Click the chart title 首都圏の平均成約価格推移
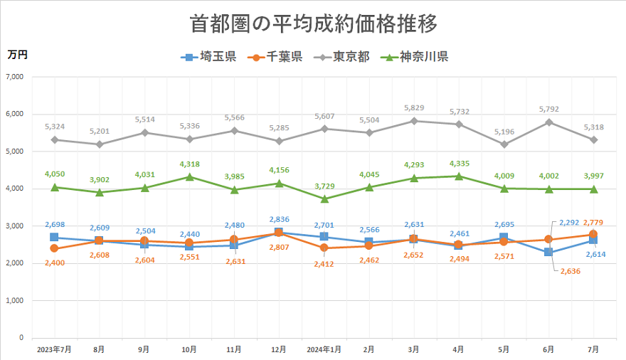313,23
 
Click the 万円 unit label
18,54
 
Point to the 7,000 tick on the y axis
14,76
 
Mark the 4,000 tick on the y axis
14,189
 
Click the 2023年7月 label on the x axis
54,349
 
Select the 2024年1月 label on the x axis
324,349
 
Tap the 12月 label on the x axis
279,349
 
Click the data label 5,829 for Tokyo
413,107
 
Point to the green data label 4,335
459,163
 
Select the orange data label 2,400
54,262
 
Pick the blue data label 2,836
280,219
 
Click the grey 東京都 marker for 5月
504,144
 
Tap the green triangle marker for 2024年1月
324,198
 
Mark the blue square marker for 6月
548,252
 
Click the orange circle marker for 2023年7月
54,248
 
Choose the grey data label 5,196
504,132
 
